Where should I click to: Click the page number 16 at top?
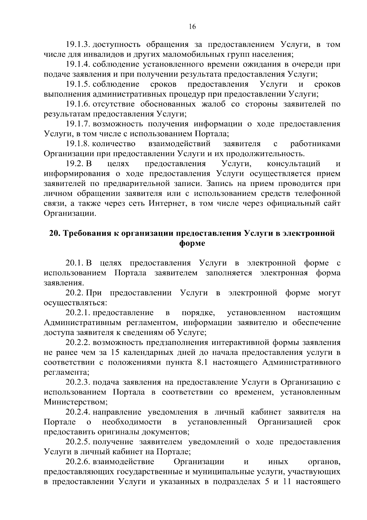pyautogui.click(x=192, y=27)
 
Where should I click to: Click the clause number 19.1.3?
pyautogui.click(x=78, y=45)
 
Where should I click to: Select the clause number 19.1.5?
pyautogui.click(x=78, y=84)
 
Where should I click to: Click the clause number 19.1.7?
pyautogui.click(x=78, y=124)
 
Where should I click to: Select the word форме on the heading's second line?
pyautogui.click(x=192, y=244)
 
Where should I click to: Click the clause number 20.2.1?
pyautogui.click(x=78, y=313)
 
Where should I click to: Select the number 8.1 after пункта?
pyautogui.click(x=201, y=362)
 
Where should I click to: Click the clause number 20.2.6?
pyautogui.click(x=78, y=462)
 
